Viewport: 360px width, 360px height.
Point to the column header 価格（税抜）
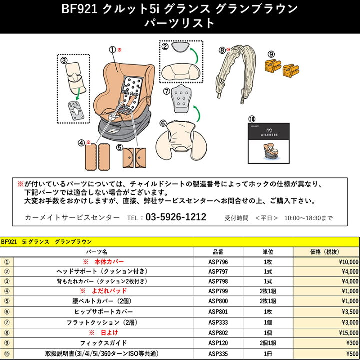tap(326, 252)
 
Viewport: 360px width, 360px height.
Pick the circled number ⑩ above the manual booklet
tap(252, 119)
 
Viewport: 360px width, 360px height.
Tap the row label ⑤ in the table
tap(7, 301)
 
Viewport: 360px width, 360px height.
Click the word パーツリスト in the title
tap(179, 23)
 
